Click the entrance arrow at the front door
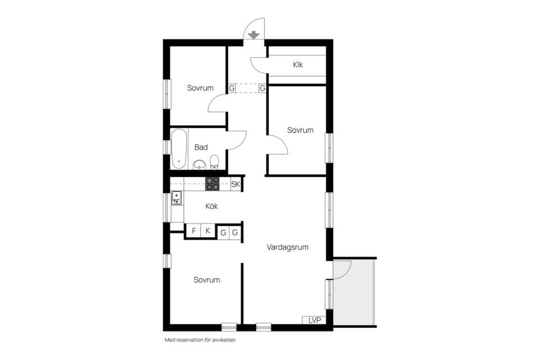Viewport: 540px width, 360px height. point(254,35)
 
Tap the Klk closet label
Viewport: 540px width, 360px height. point(298,65)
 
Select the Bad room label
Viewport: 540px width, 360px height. point(201,147)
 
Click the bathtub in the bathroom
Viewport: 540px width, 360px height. point(179,149)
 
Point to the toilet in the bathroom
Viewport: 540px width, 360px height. point(214,163)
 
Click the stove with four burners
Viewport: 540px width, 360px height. point(213,183)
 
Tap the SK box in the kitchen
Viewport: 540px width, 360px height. point(236,184)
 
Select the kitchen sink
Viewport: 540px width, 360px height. point(177,197)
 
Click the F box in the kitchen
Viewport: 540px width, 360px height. point(193,231)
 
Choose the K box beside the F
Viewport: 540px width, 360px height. point(208,231)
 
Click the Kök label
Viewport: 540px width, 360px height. point(211,206)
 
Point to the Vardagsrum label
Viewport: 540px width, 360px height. point(287,247)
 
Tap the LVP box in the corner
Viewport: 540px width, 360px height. point(314,320)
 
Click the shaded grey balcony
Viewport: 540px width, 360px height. point(360,298)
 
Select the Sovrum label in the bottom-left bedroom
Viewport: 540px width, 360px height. point(206,280)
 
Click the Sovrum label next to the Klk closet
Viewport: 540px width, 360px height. point(300,130)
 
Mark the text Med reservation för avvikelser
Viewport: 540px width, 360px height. point(199,340)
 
